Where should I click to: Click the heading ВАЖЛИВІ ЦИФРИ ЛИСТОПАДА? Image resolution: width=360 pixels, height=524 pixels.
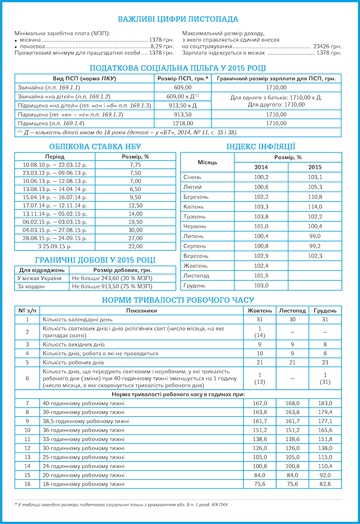178,20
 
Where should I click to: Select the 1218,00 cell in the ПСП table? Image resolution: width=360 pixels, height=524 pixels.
183,124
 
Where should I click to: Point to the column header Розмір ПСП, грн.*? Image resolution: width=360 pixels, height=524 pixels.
183,78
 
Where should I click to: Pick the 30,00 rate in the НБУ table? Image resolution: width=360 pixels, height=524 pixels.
135,230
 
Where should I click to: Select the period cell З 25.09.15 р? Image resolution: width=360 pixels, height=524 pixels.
55,247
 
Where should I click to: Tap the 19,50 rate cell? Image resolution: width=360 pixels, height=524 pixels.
135,222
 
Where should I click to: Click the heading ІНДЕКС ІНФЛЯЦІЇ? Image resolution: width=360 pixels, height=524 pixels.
261,146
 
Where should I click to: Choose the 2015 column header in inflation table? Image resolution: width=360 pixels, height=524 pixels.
315,167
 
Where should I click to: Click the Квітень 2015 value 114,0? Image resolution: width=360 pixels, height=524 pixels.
315,206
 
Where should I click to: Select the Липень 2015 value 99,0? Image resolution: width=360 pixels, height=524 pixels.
315,236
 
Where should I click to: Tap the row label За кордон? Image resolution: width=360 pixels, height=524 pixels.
28,286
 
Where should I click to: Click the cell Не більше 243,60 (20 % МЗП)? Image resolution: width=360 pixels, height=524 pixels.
112,278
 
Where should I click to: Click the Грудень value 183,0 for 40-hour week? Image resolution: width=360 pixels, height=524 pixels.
325,403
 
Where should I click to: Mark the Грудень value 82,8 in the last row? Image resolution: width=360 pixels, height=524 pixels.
325,484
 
